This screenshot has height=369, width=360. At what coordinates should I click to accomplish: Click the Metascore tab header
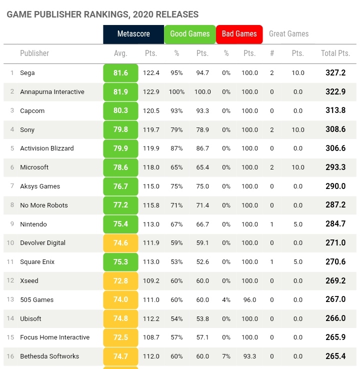tap(133, 34)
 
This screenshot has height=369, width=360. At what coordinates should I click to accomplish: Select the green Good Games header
tap(189, 34)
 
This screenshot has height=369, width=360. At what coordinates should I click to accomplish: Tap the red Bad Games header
tap(239, 34)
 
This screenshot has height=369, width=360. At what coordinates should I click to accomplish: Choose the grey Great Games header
tap(288, 34)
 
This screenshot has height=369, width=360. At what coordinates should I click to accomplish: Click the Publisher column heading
tap(34, 53)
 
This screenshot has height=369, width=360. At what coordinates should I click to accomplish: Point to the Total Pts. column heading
tap(335, 53)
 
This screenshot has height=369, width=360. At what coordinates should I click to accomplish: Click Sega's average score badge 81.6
tap(120, 73)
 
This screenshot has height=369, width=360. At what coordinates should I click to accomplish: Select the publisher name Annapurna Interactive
tap(52, 92)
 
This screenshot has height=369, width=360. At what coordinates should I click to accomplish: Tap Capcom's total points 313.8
tap(335, 110)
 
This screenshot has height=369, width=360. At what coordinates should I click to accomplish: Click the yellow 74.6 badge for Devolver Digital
tap(120, 243)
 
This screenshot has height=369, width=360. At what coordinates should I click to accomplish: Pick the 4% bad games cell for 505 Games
tap(226, 299)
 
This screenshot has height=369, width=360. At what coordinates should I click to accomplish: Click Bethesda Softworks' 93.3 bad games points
tap(249, 356)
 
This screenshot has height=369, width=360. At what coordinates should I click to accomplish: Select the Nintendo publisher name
tap(33, 224)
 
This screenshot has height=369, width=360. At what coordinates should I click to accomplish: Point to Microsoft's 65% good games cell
tap(176, 167)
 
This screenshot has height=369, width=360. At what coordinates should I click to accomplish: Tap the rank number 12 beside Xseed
tap(10, 280)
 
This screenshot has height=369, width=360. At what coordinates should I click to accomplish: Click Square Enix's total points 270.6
tap(335, 262)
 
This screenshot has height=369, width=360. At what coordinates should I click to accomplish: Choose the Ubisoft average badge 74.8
tap(120, 318)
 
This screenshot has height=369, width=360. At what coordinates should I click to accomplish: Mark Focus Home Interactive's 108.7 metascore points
tap(151, 337)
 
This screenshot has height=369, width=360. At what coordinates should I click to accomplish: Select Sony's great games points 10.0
tap(297, 129)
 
